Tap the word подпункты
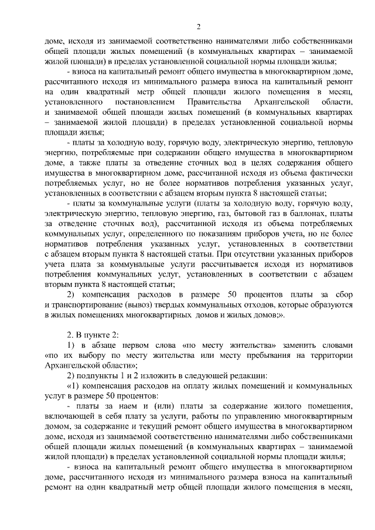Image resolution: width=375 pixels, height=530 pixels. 100,375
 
